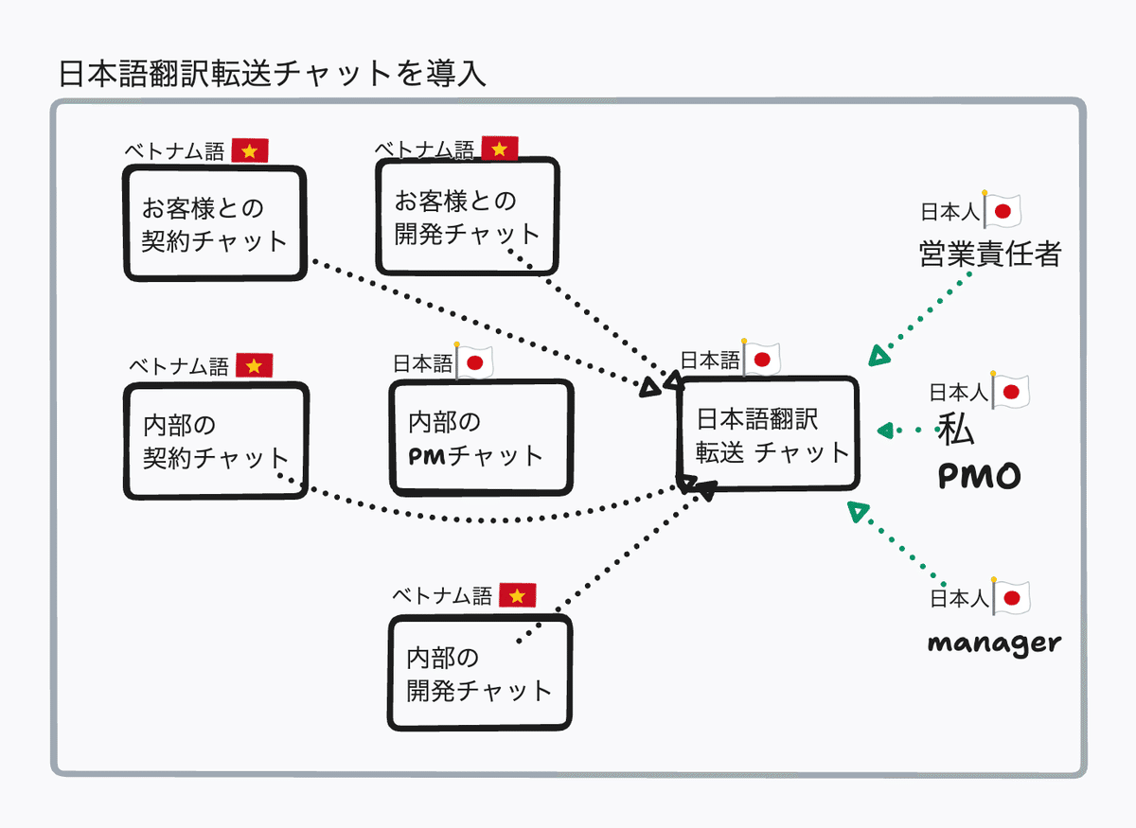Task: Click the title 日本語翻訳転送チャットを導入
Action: point(272,74)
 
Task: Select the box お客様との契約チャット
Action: point(215,223)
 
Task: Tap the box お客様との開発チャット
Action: point(467,216)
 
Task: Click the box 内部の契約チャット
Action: point(215,441)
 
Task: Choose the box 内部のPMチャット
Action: point(481,437)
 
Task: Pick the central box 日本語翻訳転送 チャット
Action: point(769,434)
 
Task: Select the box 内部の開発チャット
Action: point(481,673)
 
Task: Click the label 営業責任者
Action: point(989,254)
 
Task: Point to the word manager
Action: point(994,643)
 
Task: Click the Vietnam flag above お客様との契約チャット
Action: point(250,150)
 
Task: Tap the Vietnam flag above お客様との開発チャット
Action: point(500,149)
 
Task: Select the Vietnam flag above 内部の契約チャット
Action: point(254,365)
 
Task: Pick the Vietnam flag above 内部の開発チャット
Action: point(517,595)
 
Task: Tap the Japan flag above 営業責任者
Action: point(1003,210)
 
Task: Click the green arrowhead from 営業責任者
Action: point(879,357)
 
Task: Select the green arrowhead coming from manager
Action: point(858,512)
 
